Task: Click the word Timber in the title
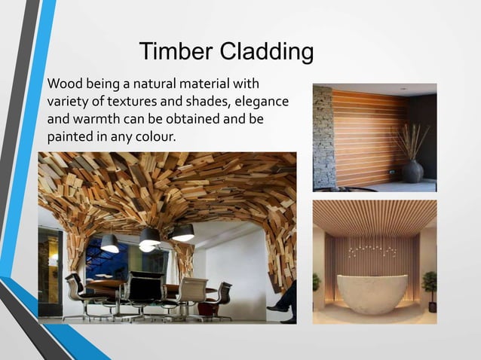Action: pyautogui.click(x=176, y=53)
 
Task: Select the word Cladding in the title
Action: pyautogui.click(x=265, y=53)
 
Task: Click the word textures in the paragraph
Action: pyautogui.click(x=135, y=101)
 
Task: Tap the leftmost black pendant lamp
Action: pyautogui.click(x=110, y=243)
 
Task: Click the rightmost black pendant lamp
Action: pyautogui.click(x=182, y=233)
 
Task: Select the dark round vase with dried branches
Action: pyautogui.click(x=412, y=170)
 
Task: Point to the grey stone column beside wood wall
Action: pyautogui.click(x=323, y=138)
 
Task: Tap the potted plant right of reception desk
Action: pyautogui.click(x=430, y=289)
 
